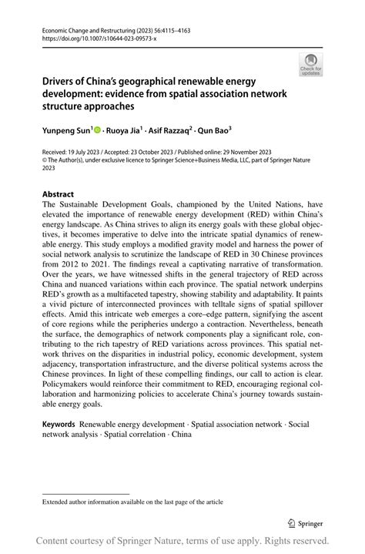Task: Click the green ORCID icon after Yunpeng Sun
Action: (99, 131)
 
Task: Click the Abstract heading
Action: (59, 194)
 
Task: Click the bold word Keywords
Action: (59, 424)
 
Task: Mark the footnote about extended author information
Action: (132, 502)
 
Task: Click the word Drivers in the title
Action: (59, 81)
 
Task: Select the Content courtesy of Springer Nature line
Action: (182, 541)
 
